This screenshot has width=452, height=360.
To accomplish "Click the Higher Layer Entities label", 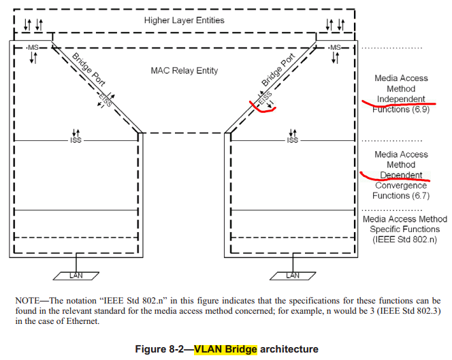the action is pos(184,20).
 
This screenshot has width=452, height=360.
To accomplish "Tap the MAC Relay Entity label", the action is pos(183,71).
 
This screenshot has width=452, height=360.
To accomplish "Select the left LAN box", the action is pos(76,276).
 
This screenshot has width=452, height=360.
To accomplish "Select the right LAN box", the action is pos(292,276).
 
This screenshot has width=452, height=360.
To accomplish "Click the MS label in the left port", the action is pos(33,48).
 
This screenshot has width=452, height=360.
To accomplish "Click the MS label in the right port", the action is pos(334,48).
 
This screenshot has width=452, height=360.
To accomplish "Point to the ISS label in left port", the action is pos(76,140).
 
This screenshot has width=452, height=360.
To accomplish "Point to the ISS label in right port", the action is pos(292,140).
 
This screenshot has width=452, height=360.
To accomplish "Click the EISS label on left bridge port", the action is pos(104,101).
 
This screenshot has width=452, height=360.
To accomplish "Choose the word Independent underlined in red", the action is pos(401,99).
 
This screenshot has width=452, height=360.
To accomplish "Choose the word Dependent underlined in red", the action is pos(401,176).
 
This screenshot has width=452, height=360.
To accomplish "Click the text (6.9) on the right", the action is pos(418,110).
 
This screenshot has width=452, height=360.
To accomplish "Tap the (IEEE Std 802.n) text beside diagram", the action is pos(401,239).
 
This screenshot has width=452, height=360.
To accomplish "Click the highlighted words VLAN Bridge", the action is pos(226,350).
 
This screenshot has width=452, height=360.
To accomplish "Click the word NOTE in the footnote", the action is pos(27,300).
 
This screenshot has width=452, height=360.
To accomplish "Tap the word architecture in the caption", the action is pos(289,350).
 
